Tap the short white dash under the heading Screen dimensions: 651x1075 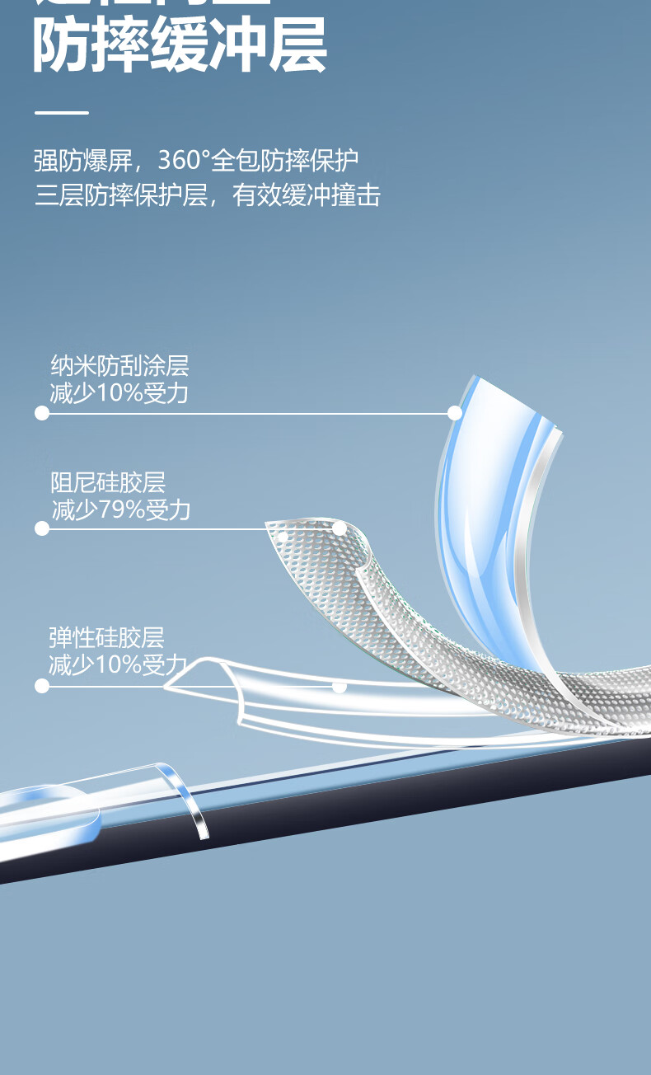[61, 112]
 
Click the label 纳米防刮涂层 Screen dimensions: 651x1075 [119, 365]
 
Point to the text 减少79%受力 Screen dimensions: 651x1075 [121, 510]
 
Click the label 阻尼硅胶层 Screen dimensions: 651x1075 [108, 482]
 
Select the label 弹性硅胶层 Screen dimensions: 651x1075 [106, 637]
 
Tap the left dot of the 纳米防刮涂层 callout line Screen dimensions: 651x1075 [42, 413]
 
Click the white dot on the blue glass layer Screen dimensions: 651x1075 [454, 413]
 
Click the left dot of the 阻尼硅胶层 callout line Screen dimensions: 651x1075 [42, 528]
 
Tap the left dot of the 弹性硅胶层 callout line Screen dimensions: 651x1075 [42, 685]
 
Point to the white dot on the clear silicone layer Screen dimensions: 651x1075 [339, 685]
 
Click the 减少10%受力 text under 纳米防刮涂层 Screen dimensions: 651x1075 [119, 393]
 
